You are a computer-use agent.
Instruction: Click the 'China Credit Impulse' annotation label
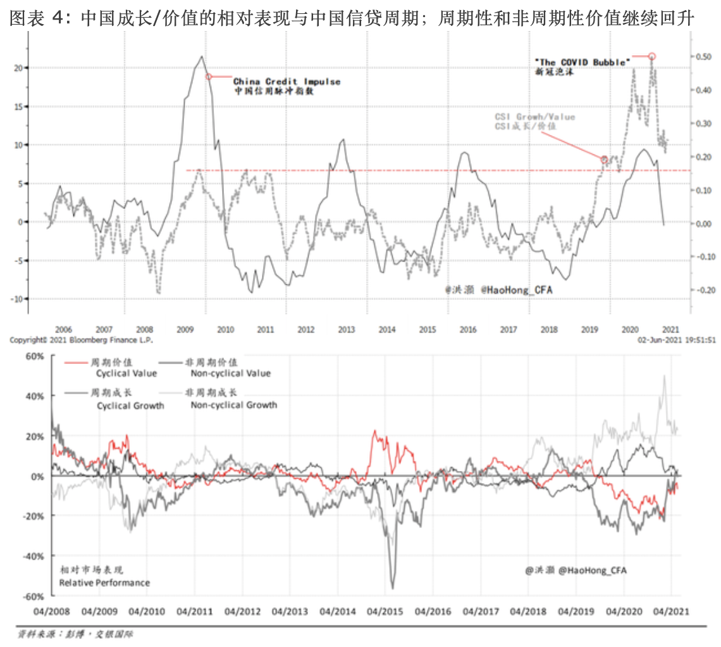click(x=287, y=82)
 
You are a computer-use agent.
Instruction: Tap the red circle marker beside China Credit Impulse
click(x=208, y=77)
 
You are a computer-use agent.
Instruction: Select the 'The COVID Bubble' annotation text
click(x=582, y=62)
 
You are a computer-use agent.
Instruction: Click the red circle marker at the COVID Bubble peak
click(x=652, y=56)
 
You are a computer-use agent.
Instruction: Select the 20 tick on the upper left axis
click(x=18, y=67)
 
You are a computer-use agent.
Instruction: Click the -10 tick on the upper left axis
click(x=17, y=299)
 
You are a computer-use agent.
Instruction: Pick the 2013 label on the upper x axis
click(x=346, y=329)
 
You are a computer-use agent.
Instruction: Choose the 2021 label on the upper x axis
click(x=670, y=329)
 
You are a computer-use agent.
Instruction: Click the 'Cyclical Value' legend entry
click(x=126, y=374)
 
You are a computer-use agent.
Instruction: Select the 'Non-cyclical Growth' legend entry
click(x=233, y=405)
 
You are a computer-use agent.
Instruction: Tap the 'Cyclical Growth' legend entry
click(x=130, y=405)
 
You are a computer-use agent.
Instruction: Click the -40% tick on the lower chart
click(x=32, y=556)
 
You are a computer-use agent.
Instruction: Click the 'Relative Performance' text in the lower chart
click(x=104, y=582)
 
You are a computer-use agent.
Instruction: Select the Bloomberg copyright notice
click(x=81, y=340)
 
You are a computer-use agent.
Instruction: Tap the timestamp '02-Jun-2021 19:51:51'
click(x=677, y=340)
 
